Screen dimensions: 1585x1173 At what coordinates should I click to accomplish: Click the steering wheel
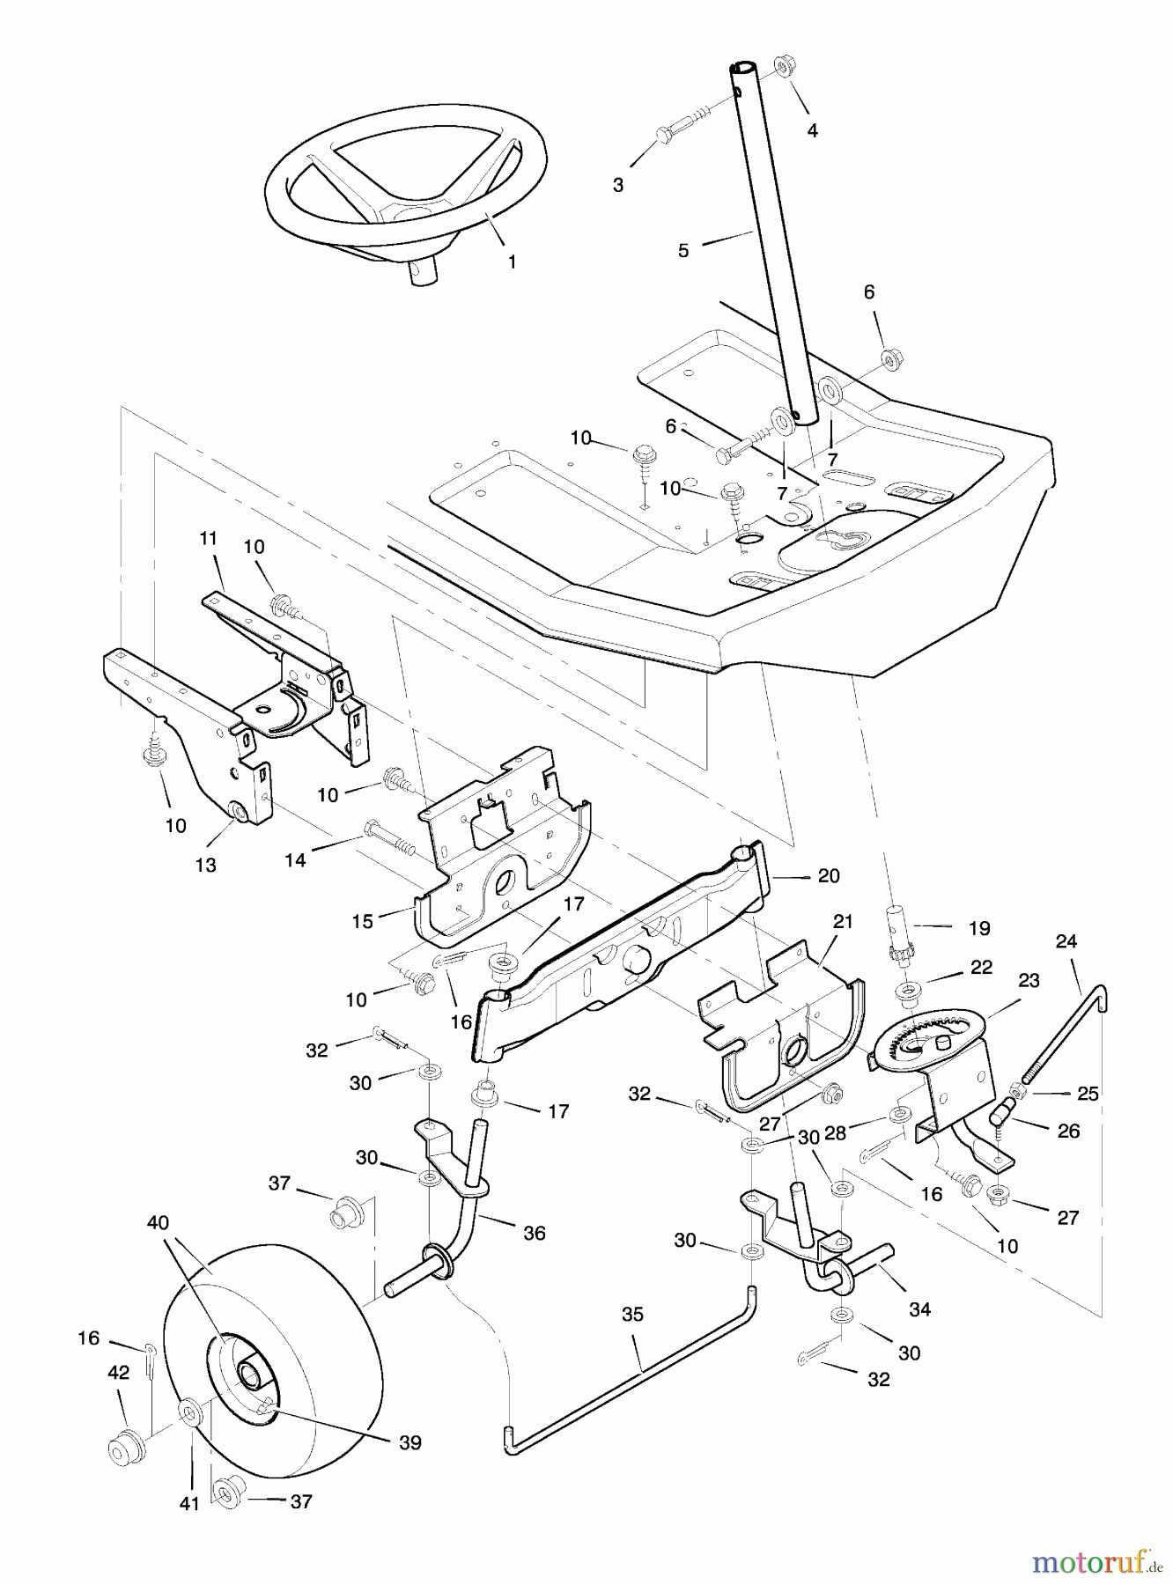click(405, 176)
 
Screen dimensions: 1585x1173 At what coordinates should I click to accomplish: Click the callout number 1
click(512, 262)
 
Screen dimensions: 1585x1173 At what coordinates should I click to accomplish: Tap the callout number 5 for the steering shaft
click(683, 251)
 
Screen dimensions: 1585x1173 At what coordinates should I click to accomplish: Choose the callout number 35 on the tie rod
click(632, 1315)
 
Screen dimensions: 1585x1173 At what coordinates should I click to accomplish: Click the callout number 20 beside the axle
click(829, 876)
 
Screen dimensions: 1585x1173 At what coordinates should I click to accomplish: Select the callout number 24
click(1066, 941)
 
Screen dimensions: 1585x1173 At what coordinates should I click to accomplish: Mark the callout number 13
click(205, 866)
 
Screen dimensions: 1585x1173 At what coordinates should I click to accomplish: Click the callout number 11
click(208, 538)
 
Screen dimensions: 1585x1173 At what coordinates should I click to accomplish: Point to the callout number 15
click(363, 921)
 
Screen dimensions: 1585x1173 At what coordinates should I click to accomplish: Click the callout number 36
click(534, 1233)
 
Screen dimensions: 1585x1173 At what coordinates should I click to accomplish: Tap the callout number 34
click(919, 1309)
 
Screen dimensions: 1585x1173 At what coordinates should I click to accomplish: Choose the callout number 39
click(410, 1442)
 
